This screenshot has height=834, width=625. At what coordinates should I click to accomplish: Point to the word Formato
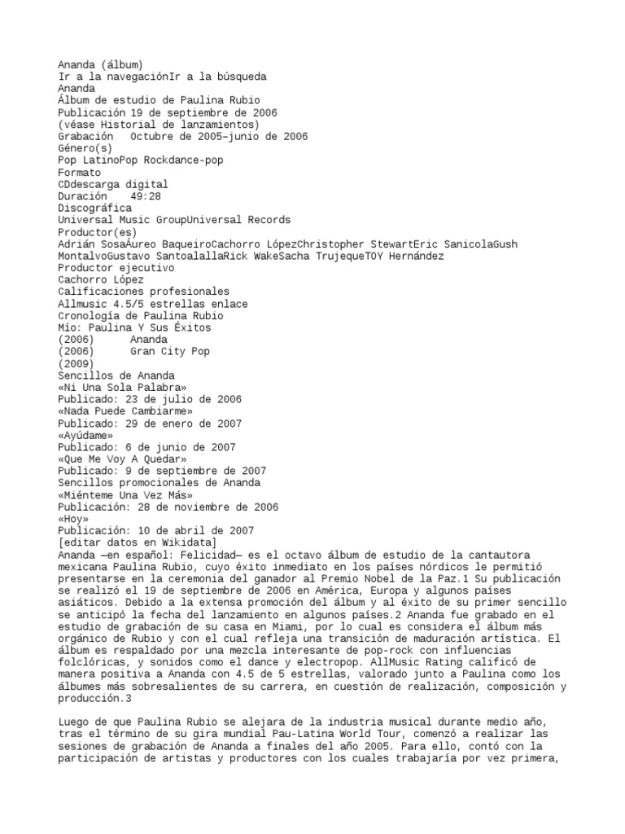pos(79,173)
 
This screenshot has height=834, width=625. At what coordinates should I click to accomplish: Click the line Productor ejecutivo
pos(116,268)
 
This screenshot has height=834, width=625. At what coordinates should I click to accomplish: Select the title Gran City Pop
pos(169,351)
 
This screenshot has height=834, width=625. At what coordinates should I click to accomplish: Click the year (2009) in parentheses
pos(76,363)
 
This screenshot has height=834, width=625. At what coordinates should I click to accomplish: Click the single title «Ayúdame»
pos(85,435)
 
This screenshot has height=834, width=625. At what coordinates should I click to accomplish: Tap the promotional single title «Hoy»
pos(72,518)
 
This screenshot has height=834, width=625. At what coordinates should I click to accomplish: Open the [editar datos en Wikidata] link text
pos(137,542)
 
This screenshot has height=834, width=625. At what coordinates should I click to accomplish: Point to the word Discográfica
pos(94,208)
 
